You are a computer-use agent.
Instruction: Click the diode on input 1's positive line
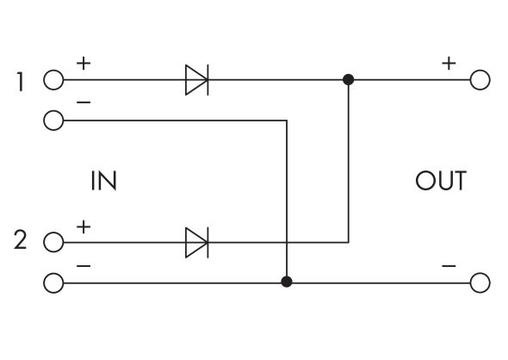click(197, 81)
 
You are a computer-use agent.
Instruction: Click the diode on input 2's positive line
click(197, 242)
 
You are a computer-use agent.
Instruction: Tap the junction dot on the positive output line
click(348, 81)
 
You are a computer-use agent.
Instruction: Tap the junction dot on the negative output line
click(287, 282)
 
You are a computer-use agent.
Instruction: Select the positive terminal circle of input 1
click(53, 81)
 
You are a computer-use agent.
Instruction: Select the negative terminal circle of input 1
click(53, 121)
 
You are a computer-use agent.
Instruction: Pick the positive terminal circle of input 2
click(53, 242)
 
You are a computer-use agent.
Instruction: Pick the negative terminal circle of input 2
click(53, 282)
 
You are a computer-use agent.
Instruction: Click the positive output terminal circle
click(480, 81)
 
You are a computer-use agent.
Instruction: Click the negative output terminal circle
click(480, 282)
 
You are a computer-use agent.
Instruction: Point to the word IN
click(102, 182)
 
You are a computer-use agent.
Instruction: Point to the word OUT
click(440, 182)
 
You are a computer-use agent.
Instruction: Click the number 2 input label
click(21, 241)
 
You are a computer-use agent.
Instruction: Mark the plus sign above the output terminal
click(448, 63)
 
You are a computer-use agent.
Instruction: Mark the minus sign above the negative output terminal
click(448, 266)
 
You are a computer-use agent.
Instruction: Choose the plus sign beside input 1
click(83, 63)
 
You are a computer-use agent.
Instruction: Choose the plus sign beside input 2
click(83, 226)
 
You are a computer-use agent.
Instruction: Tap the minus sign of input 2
click(83, 266)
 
